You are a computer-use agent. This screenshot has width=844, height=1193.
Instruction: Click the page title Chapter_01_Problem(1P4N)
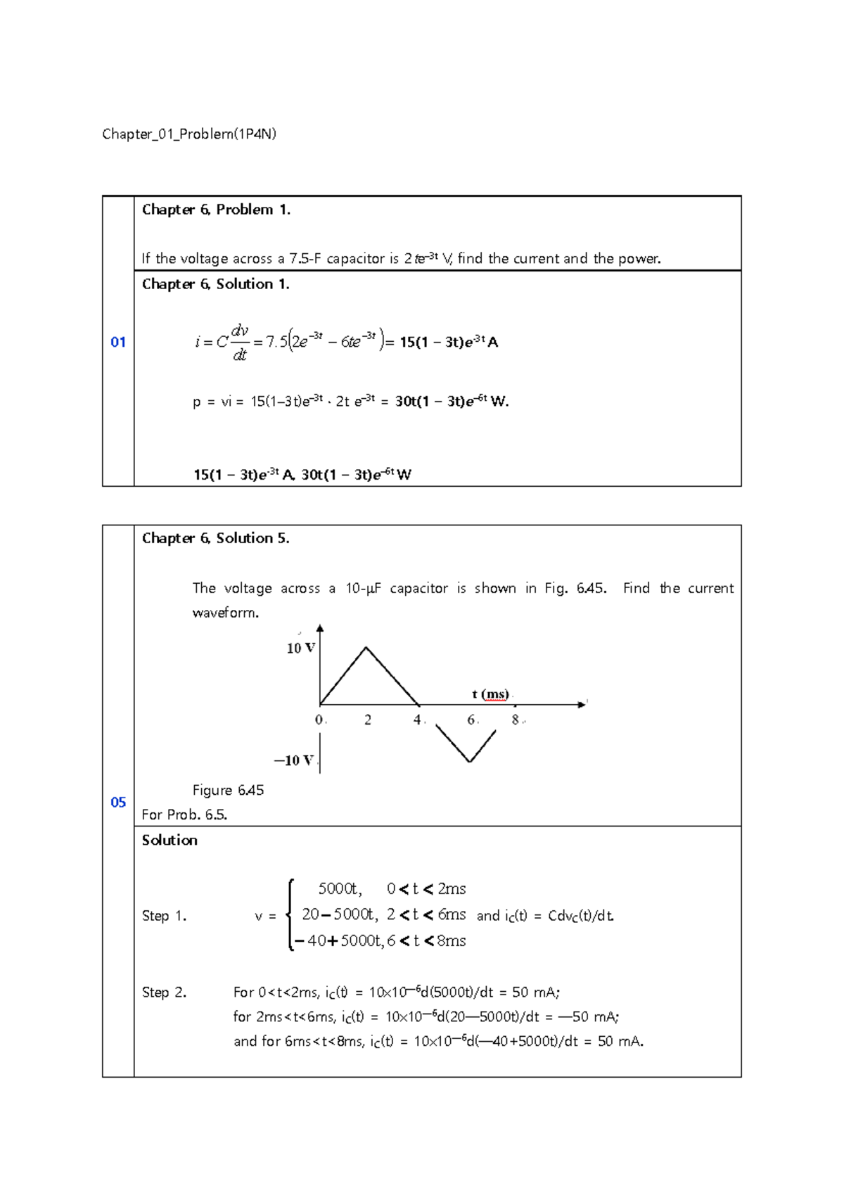coord(188,134)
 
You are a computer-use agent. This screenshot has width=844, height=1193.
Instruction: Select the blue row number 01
coord(118,343)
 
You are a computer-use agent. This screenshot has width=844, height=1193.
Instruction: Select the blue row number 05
coord(118,802)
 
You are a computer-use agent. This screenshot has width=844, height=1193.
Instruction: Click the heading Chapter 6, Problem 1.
coord(216,210)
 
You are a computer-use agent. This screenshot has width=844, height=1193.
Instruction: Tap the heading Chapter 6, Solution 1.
coord(215,284)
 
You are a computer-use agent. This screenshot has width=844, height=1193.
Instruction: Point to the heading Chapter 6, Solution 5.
coord(215,538)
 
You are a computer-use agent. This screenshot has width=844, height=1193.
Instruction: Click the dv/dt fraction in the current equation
coord(240,343)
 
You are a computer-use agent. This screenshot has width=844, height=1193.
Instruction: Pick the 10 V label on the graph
coord(300,648)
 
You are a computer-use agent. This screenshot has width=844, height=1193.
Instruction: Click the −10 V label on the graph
coord(293,760)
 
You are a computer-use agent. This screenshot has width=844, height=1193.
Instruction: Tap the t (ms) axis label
coord(490,694)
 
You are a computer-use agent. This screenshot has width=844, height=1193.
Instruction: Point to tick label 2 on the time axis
coord(368,720)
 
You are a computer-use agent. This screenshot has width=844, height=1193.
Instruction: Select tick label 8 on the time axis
coord(516,720)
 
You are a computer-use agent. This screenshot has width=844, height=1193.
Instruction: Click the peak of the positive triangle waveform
coord(366,647)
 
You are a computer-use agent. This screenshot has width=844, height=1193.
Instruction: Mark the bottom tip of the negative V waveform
coord(469,762)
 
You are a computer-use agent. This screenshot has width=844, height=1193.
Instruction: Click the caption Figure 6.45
coord(228,790)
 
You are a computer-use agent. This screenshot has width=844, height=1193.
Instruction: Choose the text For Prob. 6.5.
coord(184,815)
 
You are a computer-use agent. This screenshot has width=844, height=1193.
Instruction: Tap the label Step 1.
coord(164,916)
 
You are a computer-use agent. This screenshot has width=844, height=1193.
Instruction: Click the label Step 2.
coord(164,993)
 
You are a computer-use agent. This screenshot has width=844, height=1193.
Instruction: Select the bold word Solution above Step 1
coord(170,840)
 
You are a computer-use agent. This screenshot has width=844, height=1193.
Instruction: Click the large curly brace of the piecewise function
coord(290,914)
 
